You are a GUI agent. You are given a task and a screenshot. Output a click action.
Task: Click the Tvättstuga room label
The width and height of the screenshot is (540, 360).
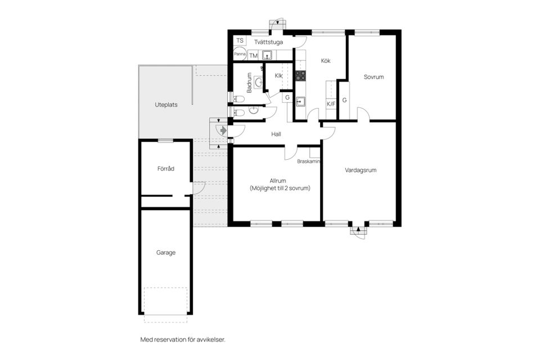(269, 42)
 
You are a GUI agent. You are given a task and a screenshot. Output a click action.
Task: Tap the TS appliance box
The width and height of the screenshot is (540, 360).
(240, 40)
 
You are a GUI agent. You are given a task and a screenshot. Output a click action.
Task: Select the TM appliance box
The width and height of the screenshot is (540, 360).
(253, 56)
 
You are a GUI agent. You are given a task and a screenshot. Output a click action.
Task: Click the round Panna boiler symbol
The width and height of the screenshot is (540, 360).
(240, 54)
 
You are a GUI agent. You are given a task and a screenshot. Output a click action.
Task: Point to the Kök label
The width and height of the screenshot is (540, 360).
(326, 61)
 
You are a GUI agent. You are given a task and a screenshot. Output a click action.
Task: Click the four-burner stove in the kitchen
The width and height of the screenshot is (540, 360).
(300, 76)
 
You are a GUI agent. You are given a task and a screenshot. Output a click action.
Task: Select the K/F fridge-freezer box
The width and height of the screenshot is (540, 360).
(331, 103)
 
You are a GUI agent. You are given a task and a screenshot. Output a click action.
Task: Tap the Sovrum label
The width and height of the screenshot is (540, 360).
(373, 77)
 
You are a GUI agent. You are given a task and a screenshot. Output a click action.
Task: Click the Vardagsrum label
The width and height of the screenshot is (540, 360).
(361, 170)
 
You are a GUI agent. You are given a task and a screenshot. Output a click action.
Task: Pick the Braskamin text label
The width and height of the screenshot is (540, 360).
(309, 161)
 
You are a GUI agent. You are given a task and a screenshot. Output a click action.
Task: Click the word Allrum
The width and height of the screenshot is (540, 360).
(277, 181)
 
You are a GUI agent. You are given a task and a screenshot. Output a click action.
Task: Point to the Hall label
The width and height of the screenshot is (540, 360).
(276, 134)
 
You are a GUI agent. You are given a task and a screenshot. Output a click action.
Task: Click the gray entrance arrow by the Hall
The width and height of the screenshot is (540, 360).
(223, 130)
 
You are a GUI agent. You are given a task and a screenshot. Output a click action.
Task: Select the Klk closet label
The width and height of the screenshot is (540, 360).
(278, 76)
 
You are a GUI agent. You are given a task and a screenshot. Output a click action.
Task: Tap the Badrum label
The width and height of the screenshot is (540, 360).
(249, 83)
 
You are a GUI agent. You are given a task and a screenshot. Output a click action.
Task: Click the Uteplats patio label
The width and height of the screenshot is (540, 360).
(166, 105)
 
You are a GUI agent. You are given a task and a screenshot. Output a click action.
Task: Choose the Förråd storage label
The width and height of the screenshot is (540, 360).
(165, 169)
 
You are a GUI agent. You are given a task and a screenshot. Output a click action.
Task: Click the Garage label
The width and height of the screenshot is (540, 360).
(165, 253)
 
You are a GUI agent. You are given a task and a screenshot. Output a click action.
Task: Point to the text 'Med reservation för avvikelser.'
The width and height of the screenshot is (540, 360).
(182, 340)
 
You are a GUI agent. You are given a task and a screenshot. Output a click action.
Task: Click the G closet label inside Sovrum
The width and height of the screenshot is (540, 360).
(344, 100)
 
